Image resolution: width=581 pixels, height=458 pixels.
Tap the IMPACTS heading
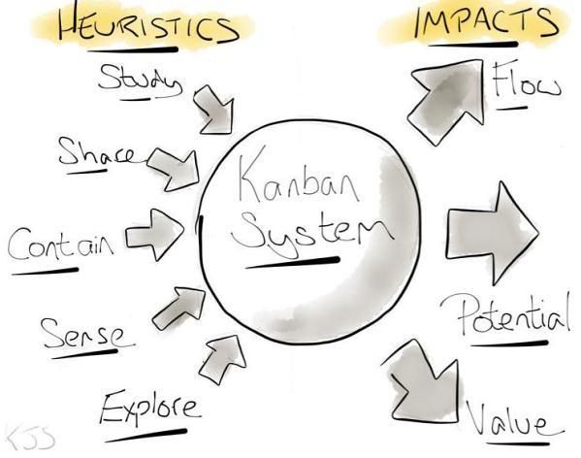coord(486,21)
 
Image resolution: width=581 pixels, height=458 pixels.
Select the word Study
coord(140,80)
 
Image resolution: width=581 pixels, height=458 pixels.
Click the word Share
coord(97,152)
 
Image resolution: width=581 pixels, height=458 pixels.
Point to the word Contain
coord(60,244)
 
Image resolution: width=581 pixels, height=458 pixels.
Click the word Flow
coord(527,82)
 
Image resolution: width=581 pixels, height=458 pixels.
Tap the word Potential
coord(505,314)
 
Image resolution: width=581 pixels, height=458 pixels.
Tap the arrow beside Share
coord(173,169)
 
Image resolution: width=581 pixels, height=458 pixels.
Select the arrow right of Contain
coord(154,235)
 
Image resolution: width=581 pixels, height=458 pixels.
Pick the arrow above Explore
coord(223,359)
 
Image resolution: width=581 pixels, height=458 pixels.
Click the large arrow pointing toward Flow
coord(446,102)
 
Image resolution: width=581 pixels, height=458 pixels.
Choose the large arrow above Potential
coord(492,233)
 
